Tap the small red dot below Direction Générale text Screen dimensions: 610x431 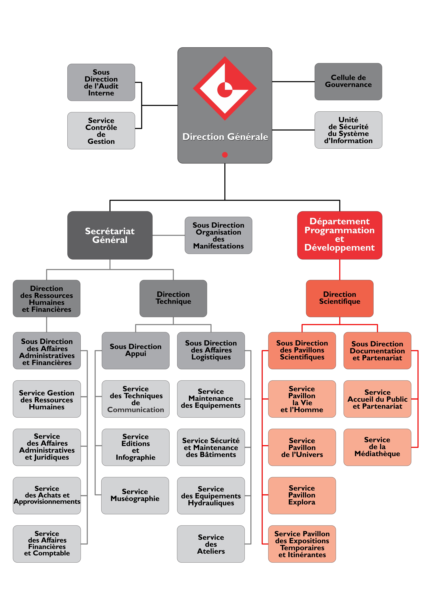[x=225, y=155]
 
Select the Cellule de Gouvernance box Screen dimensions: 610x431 [x=348, y=82]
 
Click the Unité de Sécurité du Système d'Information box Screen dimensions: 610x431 [x=348, y=130]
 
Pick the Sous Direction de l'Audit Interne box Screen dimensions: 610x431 [x=101, y=82]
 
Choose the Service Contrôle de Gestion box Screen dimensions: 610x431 [x=101, y=131]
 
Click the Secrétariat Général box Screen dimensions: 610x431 [x=110, y=235]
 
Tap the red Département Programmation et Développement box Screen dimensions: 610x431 [x=339, y=235]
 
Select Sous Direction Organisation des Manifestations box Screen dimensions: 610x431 [x=218, y=235]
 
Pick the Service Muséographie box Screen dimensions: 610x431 [x=135, y=495]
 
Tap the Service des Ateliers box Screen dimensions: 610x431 [x=211, y=544]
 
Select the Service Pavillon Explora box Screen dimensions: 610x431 [x=302, y=495]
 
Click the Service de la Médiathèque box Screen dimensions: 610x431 [x=377, y=447]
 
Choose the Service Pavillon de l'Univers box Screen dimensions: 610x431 [x=302, y=447]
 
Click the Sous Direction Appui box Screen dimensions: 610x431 [x=136, y=350]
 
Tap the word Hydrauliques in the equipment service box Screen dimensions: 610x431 [x=211, y=503]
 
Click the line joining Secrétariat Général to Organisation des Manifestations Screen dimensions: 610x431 [x=168, y=235]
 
